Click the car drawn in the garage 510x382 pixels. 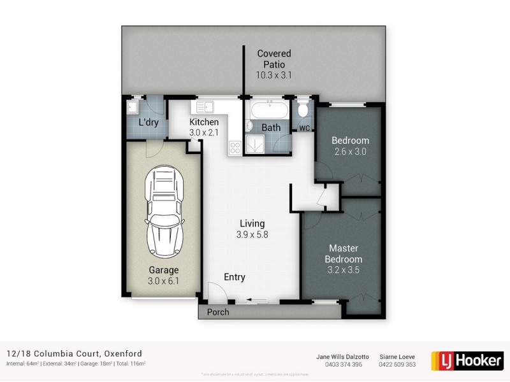point(165,213)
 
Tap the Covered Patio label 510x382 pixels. point(274,59)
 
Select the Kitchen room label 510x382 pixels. point(204,122)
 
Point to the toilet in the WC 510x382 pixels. point(304,110)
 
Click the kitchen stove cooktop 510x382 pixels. point(235,148)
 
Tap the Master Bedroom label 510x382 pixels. point(344,253)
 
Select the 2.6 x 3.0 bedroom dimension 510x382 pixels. point(351,152)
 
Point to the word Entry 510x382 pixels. point(235,277)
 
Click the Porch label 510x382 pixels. point(218,312)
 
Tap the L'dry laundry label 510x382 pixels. point(149,122)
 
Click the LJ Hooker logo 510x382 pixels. point(467,360)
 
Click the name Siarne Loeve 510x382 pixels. point(398,357)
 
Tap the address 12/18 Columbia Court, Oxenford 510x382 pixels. point(74,353)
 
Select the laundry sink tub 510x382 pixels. point(134,106)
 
